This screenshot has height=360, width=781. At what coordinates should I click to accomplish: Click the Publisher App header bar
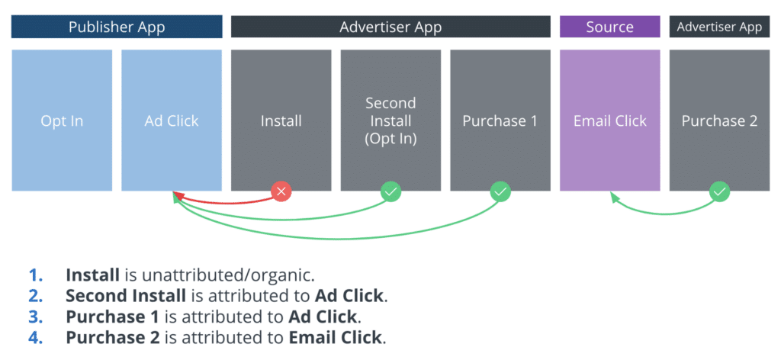pos(117,27)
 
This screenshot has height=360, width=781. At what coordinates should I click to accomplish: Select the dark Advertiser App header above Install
pos(390,27)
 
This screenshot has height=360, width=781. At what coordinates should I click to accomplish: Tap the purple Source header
pos(609,27)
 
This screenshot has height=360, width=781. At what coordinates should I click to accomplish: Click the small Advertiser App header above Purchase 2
pos(719,27)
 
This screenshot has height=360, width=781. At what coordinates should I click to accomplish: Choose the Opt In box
pos(62,121)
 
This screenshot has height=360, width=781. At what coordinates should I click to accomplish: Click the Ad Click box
pos(172,121)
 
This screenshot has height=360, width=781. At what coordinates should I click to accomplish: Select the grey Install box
pos(281,121)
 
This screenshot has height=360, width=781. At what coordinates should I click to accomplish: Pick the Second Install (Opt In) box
pos(390,121)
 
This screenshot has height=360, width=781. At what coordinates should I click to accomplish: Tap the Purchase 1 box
pos(500,121)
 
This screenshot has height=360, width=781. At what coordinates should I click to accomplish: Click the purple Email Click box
pos(609,121)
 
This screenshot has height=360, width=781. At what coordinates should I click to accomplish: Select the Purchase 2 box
pos(719,121)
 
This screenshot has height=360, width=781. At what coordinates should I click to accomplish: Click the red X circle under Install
pos(281,191)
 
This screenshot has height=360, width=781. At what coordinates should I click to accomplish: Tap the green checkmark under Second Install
pos(391,191)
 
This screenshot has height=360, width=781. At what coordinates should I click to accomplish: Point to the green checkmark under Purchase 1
pos(500,191)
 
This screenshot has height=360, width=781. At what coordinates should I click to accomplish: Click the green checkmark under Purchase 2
pos(719,191)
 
